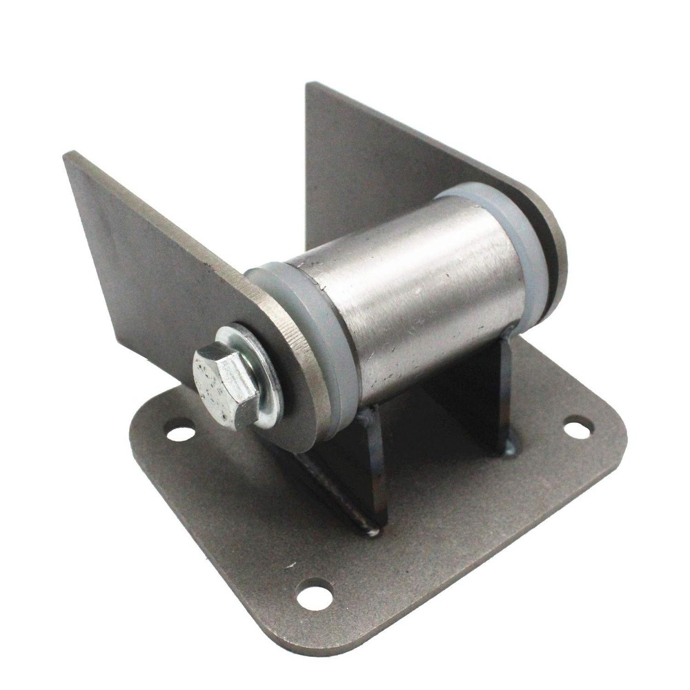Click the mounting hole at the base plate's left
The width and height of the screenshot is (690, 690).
click(x=181, y=433)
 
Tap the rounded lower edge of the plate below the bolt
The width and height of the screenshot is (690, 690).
click(x=304, y=442)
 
